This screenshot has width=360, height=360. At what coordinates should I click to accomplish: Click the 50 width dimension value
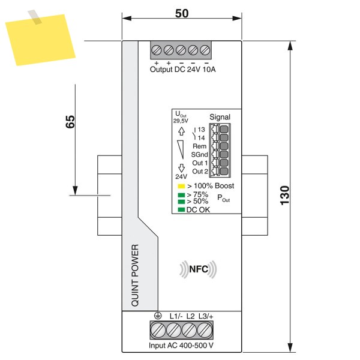coord(182,14)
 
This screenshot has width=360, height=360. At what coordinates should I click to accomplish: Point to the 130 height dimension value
coord(284,196)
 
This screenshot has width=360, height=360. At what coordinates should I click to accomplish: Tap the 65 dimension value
coord(70,121)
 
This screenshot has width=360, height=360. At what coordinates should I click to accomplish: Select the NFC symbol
coord(199,269)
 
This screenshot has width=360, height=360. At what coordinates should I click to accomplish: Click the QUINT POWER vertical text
coord(135,275)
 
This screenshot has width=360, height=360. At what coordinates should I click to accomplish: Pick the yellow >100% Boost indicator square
coord(181,186)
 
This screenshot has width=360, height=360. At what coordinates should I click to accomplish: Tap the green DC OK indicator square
coord(181,209)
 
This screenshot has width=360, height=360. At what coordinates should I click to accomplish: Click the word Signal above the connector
coord(220,117)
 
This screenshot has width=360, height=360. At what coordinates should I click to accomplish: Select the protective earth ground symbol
coord(158,316)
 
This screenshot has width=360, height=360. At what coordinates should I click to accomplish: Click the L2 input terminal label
coord(190,316)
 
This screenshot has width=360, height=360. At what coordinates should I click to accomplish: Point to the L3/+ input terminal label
coord(206,316)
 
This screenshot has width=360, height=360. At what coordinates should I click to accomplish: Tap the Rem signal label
coord(200,146)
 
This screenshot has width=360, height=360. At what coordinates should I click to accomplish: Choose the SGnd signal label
coord(200,155)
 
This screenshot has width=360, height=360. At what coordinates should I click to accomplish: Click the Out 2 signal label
coord(200,171)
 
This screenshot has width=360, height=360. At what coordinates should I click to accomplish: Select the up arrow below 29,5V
coord(182,131)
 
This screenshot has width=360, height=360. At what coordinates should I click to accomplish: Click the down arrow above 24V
coord(182,168)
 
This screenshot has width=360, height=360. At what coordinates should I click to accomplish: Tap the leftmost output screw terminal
coord(157,50)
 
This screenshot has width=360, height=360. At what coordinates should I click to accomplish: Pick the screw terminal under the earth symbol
coord(158,330)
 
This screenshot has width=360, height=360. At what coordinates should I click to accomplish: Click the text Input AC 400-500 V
coord(181,346)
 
